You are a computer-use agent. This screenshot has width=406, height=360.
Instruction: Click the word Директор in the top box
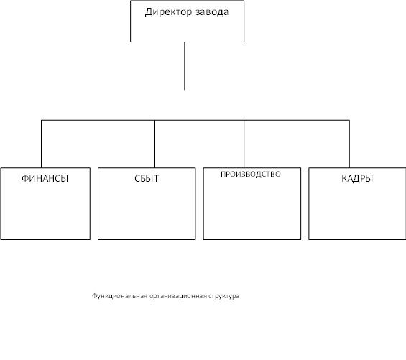point(168,12)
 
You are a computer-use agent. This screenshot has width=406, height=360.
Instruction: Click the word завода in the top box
point(212,12)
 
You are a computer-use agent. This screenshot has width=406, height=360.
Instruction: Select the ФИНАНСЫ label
point(45,178)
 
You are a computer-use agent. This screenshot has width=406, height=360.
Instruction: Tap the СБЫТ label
point(147,178)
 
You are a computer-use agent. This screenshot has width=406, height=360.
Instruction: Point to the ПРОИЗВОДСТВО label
point(251,174)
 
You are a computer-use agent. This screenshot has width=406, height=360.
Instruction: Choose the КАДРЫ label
point(357,178)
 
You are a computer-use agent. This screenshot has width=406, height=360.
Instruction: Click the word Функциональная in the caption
point(119,296)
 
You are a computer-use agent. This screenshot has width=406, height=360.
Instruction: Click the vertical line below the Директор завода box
point(185,66)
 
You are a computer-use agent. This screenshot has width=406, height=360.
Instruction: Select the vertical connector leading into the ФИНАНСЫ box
point(41,144)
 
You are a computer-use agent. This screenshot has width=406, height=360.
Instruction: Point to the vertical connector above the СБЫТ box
point(154,144)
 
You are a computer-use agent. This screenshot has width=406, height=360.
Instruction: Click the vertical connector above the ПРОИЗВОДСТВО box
point(244,144)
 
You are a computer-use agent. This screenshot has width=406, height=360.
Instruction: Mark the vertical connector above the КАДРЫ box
point(349,144)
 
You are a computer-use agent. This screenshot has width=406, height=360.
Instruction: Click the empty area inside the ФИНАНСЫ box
point(45,211)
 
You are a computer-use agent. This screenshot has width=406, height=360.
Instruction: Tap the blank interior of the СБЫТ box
point(147,211)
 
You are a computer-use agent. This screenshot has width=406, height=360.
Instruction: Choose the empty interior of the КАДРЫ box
point(357,211)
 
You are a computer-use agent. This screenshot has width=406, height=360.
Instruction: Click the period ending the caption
point(241,297)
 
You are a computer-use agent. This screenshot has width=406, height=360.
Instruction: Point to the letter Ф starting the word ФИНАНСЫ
point(25,178)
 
